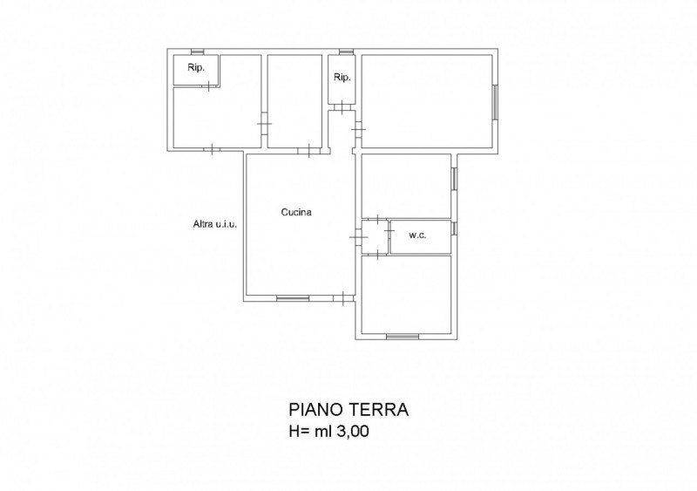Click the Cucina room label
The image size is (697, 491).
(x=296, y=212)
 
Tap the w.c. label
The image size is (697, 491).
(x=417, y=235)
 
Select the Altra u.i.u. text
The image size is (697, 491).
(x=214, y=224)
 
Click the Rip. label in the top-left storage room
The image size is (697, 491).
(x=196, y=68)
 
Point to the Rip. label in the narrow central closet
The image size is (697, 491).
(x=342, y=78)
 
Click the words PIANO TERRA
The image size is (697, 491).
(x=348, y=409)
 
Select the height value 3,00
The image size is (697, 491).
(x=353, y=431)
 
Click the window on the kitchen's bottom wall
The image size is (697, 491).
(x=293, y=298)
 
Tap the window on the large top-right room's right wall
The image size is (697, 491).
(x=495, y=102)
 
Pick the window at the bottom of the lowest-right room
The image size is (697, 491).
(x=403, y=337)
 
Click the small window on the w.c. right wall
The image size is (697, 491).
(x=454, y=228)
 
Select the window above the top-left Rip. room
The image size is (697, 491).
(x=198, y=51)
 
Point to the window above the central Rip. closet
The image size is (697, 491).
(x=346, y=51)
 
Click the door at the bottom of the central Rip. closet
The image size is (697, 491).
(x=342, y=107)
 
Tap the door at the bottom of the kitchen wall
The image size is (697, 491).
(x=344, y=298)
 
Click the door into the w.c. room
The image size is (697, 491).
(x=389, y=231)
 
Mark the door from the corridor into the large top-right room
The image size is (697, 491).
(x=358, y=129)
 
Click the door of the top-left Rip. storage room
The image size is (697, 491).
(x=208, y=85)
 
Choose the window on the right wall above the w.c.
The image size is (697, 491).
(x=454, y=179)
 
